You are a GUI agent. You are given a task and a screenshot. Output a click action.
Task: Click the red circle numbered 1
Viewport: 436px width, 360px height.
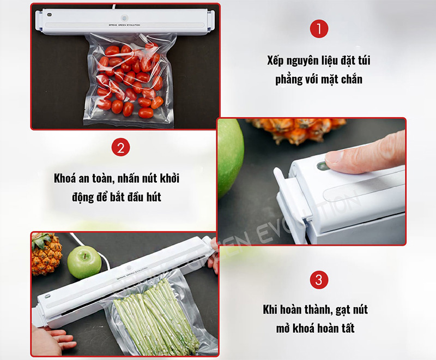pyautogui.click(x=319, y=29)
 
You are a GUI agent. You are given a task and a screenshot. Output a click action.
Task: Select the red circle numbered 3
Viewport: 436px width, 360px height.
pyautogui.click(x=319, y=280)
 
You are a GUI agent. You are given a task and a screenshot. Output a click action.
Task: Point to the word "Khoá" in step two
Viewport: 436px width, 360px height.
pyautogui.click(x=66, y=178)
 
